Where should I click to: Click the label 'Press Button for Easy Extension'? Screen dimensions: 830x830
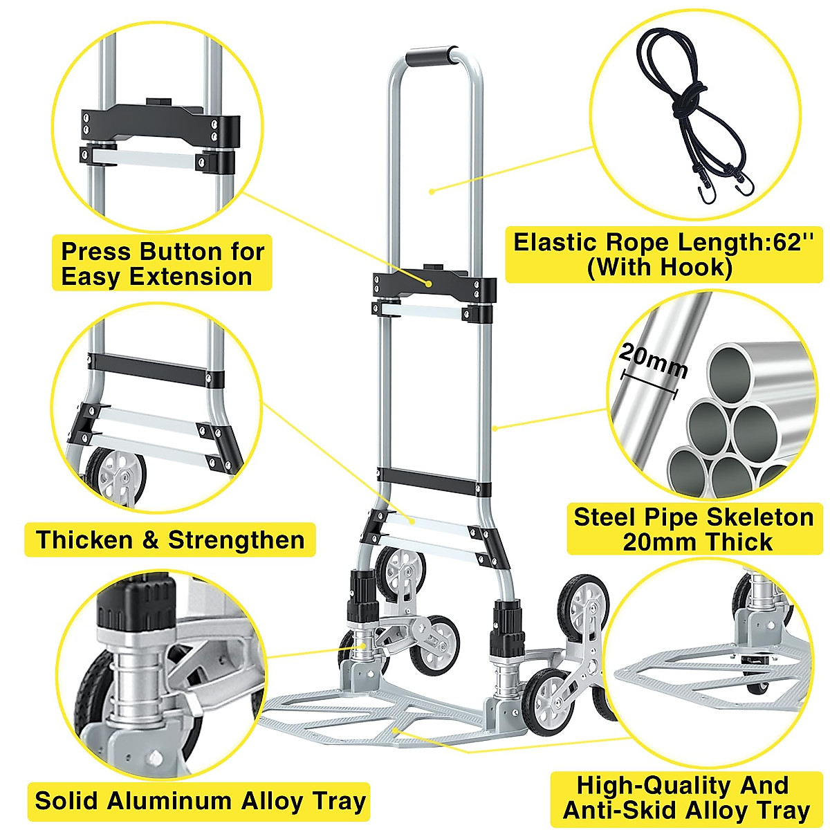[x=163, y=264]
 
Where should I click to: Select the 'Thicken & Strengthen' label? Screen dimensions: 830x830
[x=170, y=539]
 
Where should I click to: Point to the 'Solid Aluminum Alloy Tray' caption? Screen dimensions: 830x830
[x=200, y=801]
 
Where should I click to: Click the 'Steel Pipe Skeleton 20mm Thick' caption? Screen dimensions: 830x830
[x=694, y=529]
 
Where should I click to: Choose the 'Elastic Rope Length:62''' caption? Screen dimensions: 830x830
[x=663, y=254]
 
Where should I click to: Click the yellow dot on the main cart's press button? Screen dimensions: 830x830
[x=430, y=284]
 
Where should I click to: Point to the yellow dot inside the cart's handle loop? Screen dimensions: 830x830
[x=430, y=192]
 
